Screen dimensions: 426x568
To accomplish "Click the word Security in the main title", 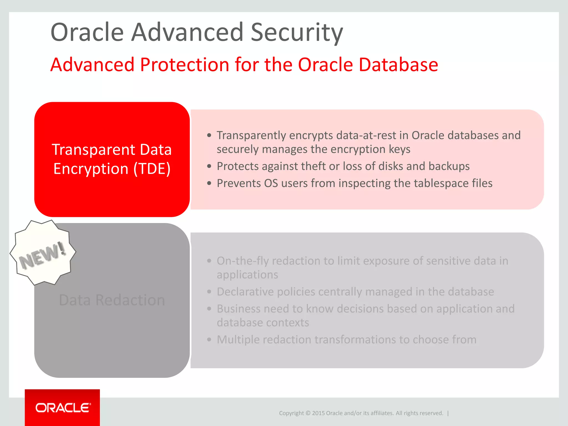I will click(297, 33).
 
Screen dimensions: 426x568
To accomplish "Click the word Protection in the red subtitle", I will click(185, 65).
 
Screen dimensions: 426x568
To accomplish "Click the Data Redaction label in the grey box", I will click(112, 300).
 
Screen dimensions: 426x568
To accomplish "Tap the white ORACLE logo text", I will click(63, 408).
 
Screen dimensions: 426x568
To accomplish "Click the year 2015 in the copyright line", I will click(318, 413).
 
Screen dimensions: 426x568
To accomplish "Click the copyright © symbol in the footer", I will click(308, 413).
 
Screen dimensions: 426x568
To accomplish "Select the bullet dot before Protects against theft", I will click(209, 166).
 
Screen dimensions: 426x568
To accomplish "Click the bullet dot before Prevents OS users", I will click(209, 183).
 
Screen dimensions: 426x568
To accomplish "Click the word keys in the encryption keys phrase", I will click(399, 149).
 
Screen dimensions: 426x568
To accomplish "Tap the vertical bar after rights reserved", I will click(448, 413).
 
